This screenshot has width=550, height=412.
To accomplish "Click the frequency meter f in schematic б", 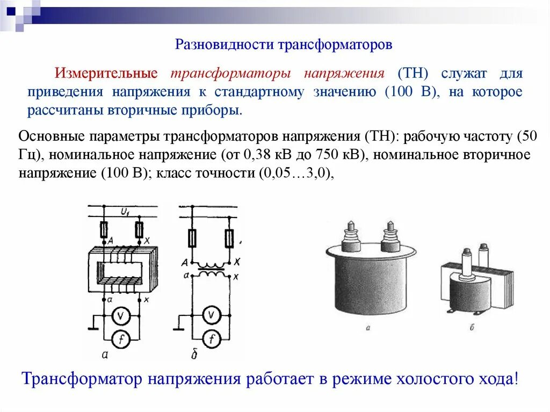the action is [x=213, y=338].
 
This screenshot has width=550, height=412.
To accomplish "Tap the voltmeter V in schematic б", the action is [x=213, y=316].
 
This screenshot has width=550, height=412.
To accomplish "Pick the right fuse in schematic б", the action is [x=229, y=236].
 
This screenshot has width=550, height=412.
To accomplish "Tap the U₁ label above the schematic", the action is [x=126, y=213].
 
